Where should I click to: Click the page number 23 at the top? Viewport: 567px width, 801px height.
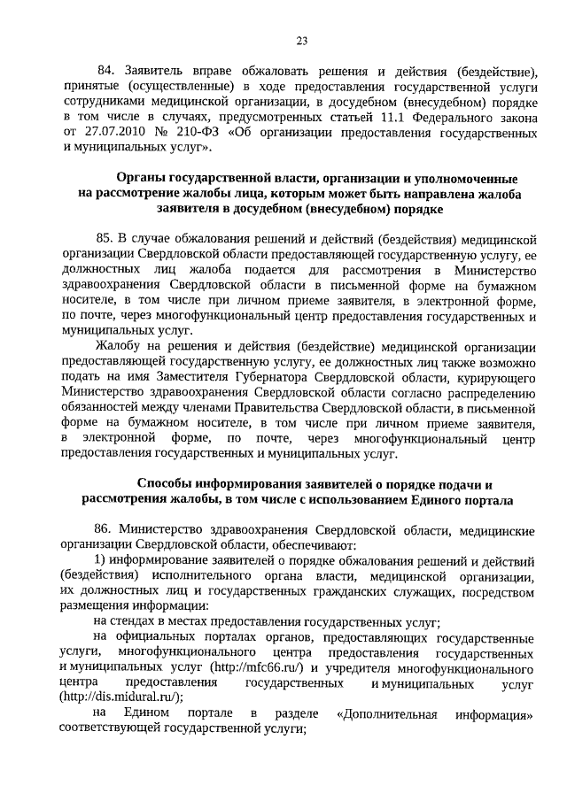tap(302, 42)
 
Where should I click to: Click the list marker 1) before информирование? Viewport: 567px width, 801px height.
tap(98, 560)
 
